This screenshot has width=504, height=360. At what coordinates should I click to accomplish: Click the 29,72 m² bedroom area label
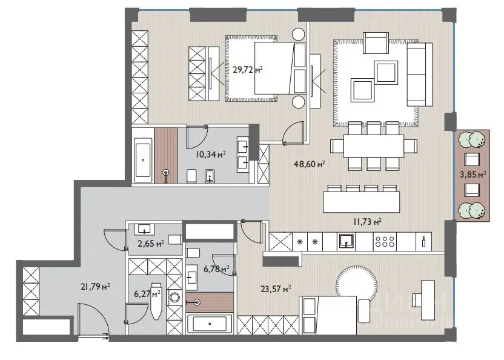click(x=248, y=69)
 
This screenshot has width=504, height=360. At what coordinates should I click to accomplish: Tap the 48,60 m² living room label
click(x=309, y=164)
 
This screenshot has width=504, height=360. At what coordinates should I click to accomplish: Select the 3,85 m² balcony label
click(x=473, y=175)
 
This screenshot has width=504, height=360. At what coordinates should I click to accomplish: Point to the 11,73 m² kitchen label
click(x=367, y=221)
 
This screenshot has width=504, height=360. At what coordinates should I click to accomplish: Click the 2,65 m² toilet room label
click(x=151, y=243)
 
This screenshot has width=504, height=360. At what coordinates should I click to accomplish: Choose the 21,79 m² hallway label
click(x=96, y=286)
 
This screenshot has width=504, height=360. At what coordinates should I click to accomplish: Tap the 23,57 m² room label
click(x=276, y=288)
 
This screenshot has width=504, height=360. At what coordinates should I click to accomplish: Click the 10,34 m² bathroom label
click(x=211, y=155)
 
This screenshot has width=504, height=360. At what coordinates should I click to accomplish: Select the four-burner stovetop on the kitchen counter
click(x=385, y=241)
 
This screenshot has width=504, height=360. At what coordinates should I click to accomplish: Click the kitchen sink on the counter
click(x=346, y=241)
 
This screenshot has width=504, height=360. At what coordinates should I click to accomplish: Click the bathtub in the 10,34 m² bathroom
click(x=143, y=160)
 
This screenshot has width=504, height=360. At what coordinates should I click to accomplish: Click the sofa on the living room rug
click(x=419, y=74)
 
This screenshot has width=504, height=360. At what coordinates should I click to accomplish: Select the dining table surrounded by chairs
click(x=373, y=145)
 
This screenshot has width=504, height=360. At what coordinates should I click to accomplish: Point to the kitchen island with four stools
click(x=361, y=202)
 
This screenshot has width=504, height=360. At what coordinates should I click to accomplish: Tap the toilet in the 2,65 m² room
click(x=175, y=239)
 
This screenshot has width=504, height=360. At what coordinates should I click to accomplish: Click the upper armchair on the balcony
click(x=472, y=159)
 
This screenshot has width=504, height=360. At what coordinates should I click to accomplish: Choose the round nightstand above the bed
click(x=298, y=35)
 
